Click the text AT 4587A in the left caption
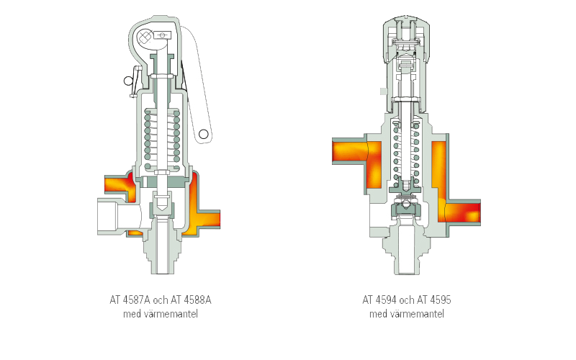(130, 300)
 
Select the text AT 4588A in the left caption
(191, 300)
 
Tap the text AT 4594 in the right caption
(379, 300)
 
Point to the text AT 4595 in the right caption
(434, 300)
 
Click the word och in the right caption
(407, 300)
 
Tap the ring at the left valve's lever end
(204, 134)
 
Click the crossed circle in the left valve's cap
(145, 37)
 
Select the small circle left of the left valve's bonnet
(128, 81)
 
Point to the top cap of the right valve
(406, 39)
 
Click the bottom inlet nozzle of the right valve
(406, 253)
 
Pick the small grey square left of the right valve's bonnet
(384, 91)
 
